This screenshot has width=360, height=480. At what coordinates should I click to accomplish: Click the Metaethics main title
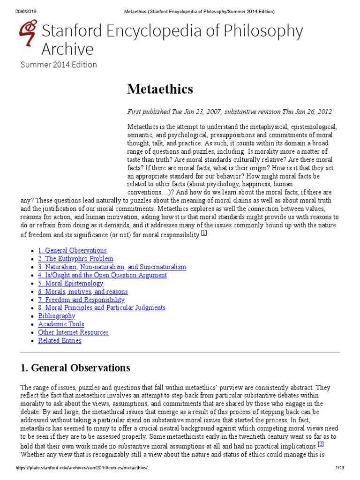coord(160,89)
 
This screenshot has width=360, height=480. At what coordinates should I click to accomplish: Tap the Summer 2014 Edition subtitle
coord(59,64)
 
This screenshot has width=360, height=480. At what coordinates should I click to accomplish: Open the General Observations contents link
coord(72,250)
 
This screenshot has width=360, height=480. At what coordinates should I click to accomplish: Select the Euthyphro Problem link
coord(75,259)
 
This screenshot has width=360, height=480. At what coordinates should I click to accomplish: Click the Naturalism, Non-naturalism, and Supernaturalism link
coord(112,267)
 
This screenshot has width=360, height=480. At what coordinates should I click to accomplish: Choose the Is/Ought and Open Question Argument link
coord(102,275)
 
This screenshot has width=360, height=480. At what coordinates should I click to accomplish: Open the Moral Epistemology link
coord(70,283)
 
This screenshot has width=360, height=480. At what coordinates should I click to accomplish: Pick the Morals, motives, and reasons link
coord(83,292)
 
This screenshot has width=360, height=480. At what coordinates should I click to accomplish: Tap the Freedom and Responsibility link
coord(81,300)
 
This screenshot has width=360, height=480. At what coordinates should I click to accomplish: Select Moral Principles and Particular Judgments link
coord(102,308)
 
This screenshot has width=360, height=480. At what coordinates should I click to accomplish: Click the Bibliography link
coord(57,316)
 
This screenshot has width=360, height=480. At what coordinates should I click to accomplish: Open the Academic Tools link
coord(61,324)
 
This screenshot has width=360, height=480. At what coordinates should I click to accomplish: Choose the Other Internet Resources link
coord(73,332)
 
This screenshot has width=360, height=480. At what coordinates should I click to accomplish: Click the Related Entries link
coord(60,340)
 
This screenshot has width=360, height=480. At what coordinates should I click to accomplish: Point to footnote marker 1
coord(203,233)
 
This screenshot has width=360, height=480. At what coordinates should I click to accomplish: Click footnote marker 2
coord(321,444)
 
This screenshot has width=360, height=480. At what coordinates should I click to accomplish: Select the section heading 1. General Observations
coord(75,368)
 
